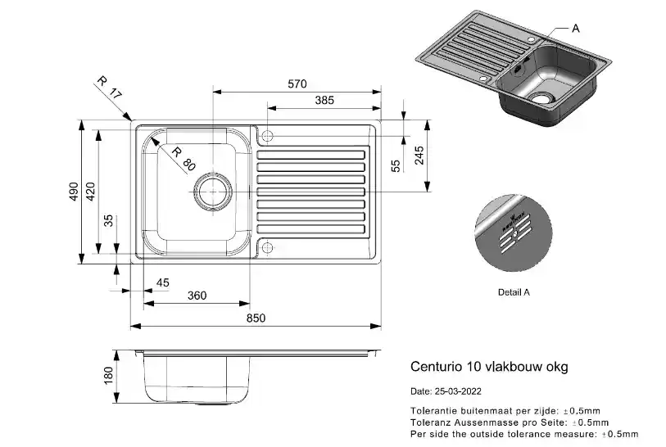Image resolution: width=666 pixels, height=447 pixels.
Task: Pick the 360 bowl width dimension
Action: coord(197,296)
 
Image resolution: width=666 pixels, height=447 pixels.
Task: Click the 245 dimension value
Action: coord(419,156)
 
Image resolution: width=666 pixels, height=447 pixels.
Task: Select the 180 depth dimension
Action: coord(106,377)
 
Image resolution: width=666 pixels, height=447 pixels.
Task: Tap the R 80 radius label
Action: coord(183,157)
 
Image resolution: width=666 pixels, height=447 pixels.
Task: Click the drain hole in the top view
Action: coord(210,192)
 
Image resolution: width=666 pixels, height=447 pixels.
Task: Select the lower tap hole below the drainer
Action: coord(269,247)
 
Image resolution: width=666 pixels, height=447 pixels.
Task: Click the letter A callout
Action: coord(575,28)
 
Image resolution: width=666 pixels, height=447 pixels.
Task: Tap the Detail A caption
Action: coord(514,291)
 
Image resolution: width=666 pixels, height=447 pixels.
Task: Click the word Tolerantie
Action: coord(432,409)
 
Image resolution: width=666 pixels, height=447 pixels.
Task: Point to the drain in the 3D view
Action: coord(541,97)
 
